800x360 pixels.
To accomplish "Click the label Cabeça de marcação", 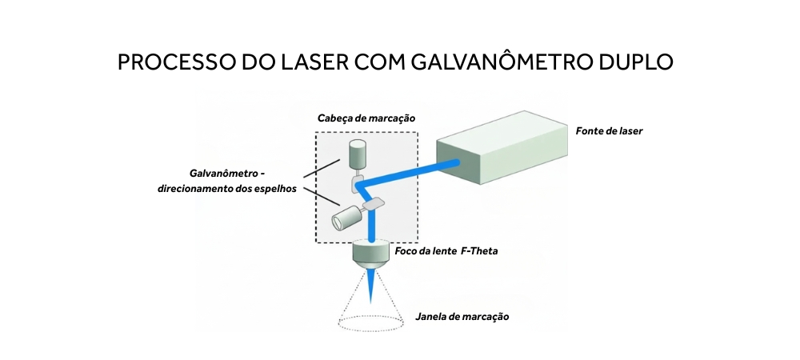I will (x=366, y=118).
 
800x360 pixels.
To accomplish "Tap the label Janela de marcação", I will (x=462, y=316).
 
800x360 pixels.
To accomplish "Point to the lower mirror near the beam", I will (x=373, y=206).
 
